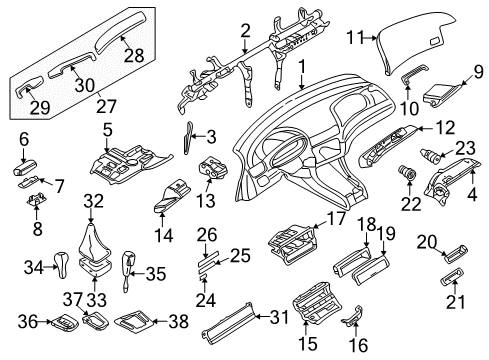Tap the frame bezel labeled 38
point(133,322)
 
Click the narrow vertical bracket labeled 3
point(190,139)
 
